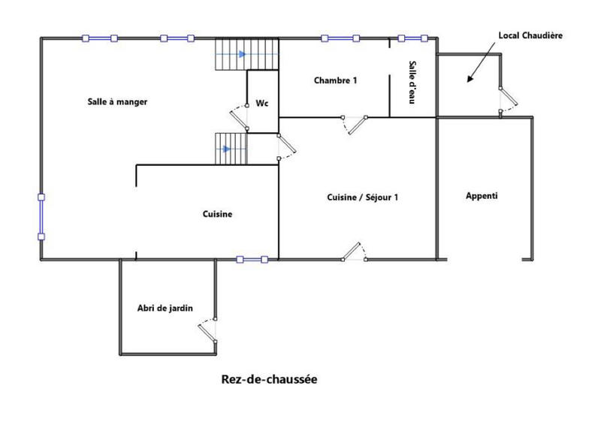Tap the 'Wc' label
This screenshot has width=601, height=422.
pos(262,102)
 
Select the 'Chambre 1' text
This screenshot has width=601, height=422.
pos(336,80)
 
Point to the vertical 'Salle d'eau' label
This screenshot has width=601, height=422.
pos(412,82)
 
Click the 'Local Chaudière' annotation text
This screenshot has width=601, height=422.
pos(530,35)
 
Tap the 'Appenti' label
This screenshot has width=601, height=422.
pos(482,196)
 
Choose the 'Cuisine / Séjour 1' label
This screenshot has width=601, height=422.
pos(363,197)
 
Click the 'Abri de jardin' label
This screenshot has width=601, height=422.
pos(165,307)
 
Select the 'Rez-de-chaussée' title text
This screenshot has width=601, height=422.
pos(269,379)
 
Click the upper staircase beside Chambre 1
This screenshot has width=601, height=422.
pos(231,54)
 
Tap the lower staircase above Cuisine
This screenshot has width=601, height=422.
pos(231,149)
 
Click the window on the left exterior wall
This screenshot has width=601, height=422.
pos(41,217)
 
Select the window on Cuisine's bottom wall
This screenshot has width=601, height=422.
pos(252,260)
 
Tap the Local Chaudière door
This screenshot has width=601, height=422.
pos(507,101)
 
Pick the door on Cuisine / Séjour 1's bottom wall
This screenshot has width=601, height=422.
pos(354,252)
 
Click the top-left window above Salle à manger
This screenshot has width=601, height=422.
pos(100,38)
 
